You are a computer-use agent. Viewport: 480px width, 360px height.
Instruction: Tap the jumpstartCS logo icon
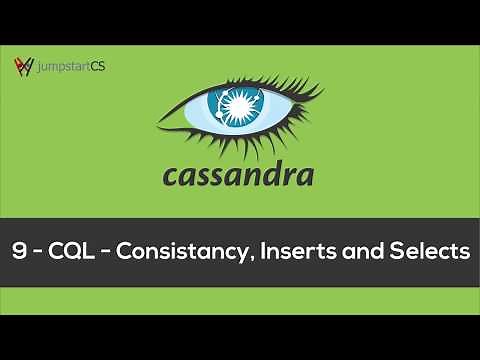coord(23,66)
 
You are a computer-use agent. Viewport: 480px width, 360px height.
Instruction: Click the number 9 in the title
coord(20,252)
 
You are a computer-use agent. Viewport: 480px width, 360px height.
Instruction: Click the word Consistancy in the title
coord(180,252)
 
